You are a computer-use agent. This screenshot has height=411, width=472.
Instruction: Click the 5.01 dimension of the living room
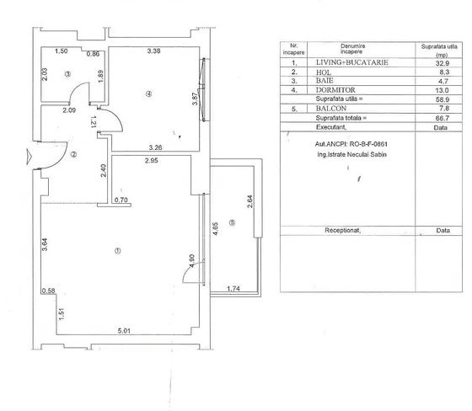tap(124, 331)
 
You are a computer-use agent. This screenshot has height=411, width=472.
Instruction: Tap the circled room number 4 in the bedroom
tap(148, 93)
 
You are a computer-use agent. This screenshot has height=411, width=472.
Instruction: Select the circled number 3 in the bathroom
tap(67, 74)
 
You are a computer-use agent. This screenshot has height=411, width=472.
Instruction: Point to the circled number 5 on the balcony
tap(232, 222)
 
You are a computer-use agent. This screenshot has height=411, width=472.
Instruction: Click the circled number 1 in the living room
tap(118, 251)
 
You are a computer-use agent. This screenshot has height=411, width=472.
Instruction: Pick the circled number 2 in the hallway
tap(73, 155)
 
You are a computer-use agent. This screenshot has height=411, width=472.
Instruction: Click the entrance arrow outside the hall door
tap(29, 157)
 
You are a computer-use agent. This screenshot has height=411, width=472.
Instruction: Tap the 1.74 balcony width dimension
tap(233, 289)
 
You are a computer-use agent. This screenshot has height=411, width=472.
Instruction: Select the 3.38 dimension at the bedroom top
tap(153, 51)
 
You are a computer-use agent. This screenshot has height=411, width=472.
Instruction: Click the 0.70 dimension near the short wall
tap(121, 200)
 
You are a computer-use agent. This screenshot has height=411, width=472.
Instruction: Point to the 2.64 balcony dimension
tap(249, 201)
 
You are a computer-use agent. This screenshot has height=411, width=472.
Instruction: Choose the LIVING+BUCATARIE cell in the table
tap(352, 62)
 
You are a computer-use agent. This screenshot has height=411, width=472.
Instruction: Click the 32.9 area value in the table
tap(442, 63)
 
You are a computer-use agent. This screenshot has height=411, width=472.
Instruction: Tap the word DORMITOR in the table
tap(335, 90)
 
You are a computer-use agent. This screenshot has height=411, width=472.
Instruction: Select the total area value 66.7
tap(442, 118)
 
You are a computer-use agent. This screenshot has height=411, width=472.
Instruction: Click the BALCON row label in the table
tap(331, 109)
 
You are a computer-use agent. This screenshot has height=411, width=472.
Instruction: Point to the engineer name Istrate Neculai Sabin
tap(352, 155)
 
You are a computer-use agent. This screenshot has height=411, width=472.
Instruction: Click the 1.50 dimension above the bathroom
tap(61, 51)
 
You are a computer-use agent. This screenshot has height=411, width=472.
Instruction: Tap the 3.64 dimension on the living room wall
tap(44, 244)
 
